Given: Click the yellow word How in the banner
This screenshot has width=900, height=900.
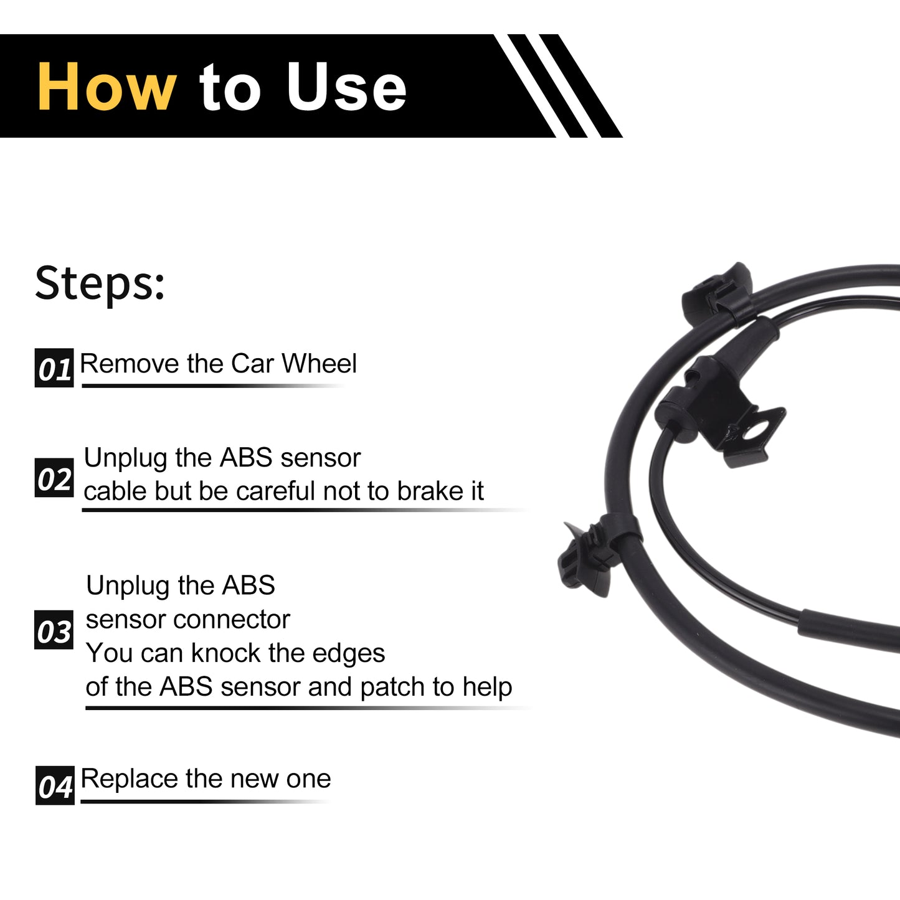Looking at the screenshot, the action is pos(107,87).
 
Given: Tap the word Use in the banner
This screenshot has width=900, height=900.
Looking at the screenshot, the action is pos(346,87).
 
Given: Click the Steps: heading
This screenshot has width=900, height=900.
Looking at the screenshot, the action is pos(100,284).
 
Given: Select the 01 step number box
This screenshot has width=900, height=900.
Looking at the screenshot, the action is pos(54,367).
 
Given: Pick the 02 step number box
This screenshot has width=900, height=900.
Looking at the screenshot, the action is pos(54,478).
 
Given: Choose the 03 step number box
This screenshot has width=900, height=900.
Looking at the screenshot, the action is pos(54,630).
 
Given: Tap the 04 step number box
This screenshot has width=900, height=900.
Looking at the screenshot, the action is pos(55,785).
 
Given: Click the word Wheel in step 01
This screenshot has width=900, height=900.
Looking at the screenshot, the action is pos(319,363).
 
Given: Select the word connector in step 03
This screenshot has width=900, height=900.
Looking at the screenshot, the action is pos(232,620).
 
